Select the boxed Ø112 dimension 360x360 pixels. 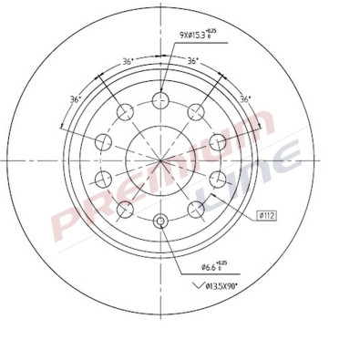(267, 214)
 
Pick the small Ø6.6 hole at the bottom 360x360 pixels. (161, 221)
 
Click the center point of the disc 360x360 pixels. (161, 160)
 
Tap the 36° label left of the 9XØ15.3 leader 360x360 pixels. (128, 63)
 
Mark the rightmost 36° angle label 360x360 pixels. (244, 98)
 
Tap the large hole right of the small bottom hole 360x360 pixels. (198, 210)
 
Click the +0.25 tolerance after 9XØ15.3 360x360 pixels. (211, 32)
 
